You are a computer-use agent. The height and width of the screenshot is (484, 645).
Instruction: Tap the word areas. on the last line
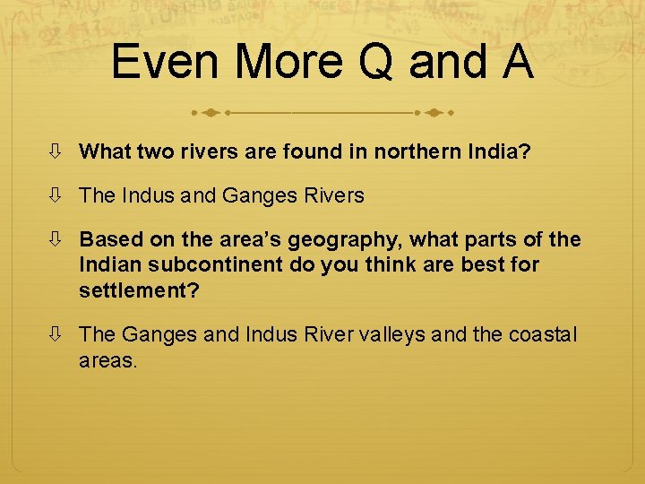coord(108,360)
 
